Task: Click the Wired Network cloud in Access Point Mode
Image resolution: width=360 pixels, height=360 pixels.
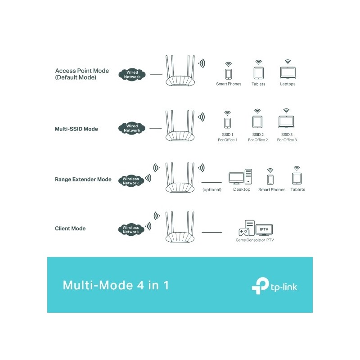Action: pos(132,75)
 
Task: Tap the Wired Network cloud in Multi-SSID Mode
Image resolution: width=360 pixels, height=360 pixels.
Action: pos(132,128)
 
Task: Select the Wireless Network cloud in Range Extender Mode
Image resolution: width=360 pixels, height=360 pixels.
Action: pos(131,181)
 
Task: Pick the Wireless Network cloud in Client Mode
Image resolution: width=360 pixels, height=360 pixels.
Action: pos(131,229)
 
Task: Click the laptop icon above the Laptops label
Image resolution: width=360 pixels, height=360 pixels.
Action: pos(288,73)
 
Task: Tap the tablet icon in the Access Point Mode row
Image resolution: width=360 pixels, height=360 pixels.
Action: pos(258,73)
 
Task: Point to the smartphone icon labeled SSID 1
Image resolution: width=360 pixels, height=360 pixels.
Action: pos(227,123)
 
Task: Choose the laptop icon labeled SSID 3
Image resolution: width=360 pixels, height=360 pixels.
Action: pos(286,122)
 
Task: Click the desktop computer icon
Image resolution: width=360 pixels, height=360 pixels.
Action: pos(240,176)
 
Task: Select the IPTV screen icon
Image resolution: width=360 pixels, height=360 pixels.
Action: pos(264,230)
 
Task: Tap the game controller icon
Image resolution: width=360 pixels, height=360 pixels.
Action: pos(243,232)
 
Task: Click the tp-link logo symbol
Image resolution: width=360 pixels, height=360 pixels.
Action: pos(261,286)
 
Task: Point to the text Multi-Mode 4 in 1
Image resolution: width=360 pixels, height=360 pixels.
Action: pos(116,285)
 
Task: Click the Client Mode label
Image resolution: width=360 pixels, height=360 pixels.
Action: pos(70,229)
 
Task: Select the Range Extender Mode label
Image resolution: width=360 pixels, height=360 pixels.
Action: pos(83,179)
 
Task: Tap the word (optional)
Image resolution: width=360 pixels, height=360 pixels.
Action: pos(212,189)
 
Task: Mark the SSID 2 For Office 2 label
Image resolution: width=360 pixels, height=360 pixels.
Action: pos(258,137)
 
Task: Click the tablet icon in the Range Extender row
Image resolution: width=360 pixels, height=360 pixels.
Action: pos(297,178)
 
